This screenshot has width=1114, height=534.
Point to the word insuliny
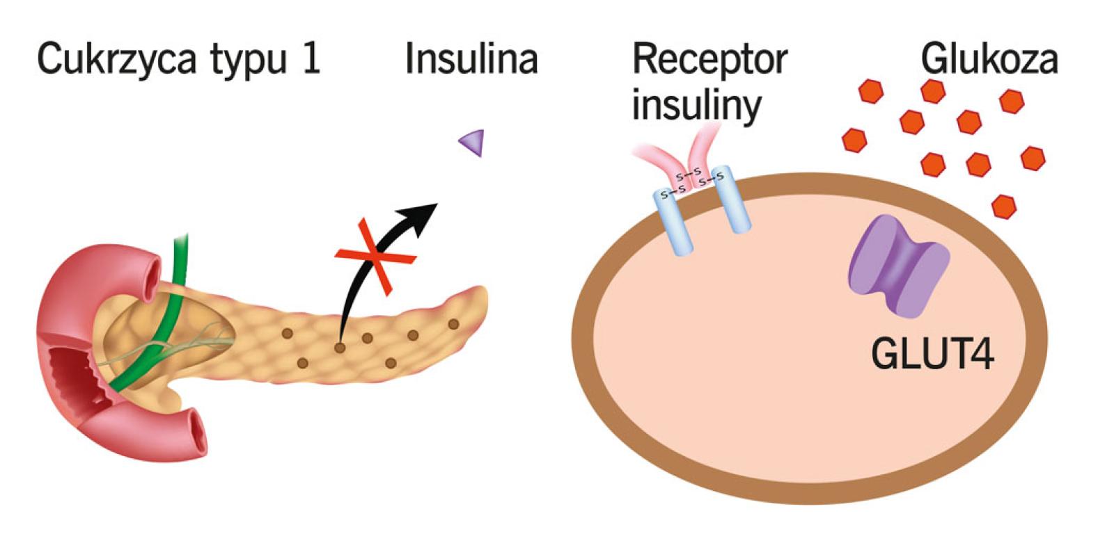pyautogui.click(x=696, y=105)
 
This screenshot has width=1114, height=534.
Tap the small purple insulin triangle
pyautogui.click(x=472, y=143)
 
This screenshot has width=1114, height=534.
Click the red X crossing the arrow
pyautogui.click(x=376, y=257)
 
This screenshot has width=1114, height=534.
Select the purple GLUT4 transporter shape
pyautogui.click(x=899, y=265)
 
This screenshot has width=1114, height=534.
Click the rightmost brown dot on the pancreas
pyautogui.click(x=453, y=324)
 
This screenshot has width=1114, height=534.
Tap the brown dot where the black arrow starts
pyautogui.click(x=340, y=347)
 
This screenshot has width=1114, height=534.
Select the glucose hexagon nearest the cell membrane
pyautogui.click(x=1003, y=206)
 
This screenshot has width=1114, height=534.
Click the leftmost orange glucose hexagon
pyautogui.click(x=854, y=139)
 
